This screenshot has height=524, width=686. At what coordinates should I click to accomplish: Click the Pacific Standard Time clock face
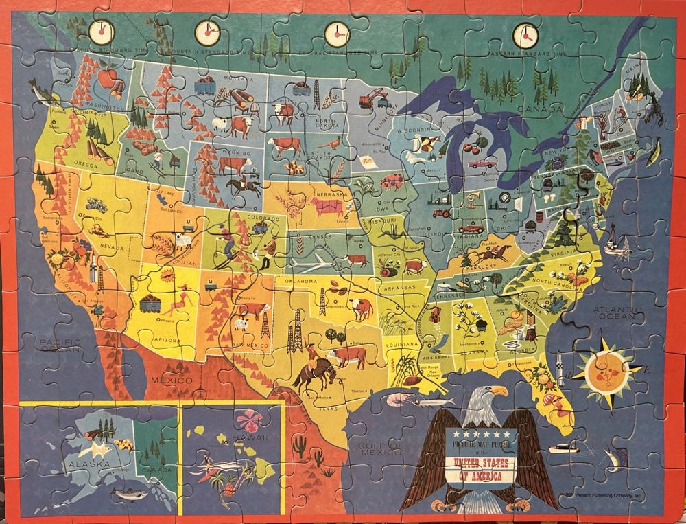coord(100,30)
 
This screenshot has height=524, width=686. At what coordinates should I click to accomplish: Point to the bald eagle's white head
coord(488,398)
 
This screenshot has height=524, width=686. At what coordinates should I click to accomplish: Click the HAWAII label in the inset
coord(259,437)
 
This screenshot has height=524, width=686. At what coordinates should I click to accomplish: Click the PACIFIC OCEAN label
coord(60,345)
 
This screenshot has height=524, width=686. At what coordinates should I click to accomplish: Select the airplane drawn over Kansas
coord(311,264)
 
